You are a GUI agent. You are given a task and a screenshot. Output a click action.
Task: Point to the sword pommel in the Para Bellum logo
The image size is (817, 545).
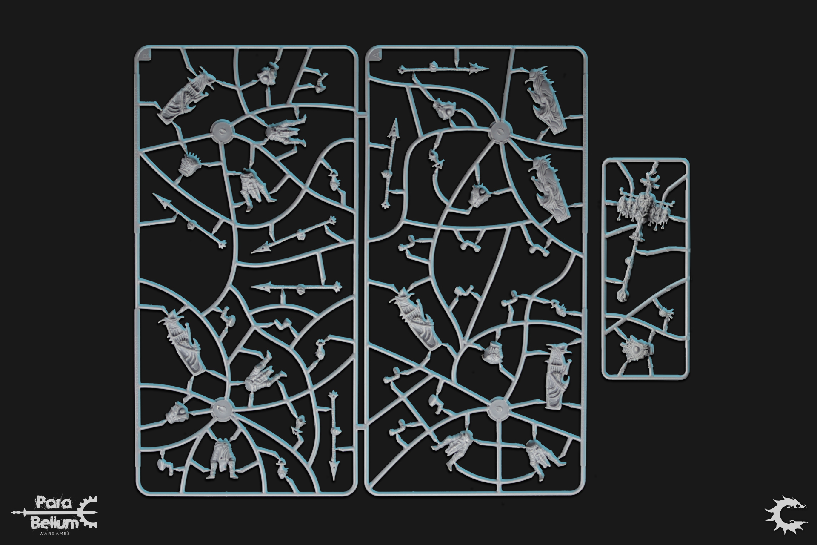tap(14, 511)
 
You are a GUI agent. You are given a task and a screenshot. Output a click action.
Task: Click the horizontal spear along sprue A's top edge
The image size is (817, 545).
tap(443, 67)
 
